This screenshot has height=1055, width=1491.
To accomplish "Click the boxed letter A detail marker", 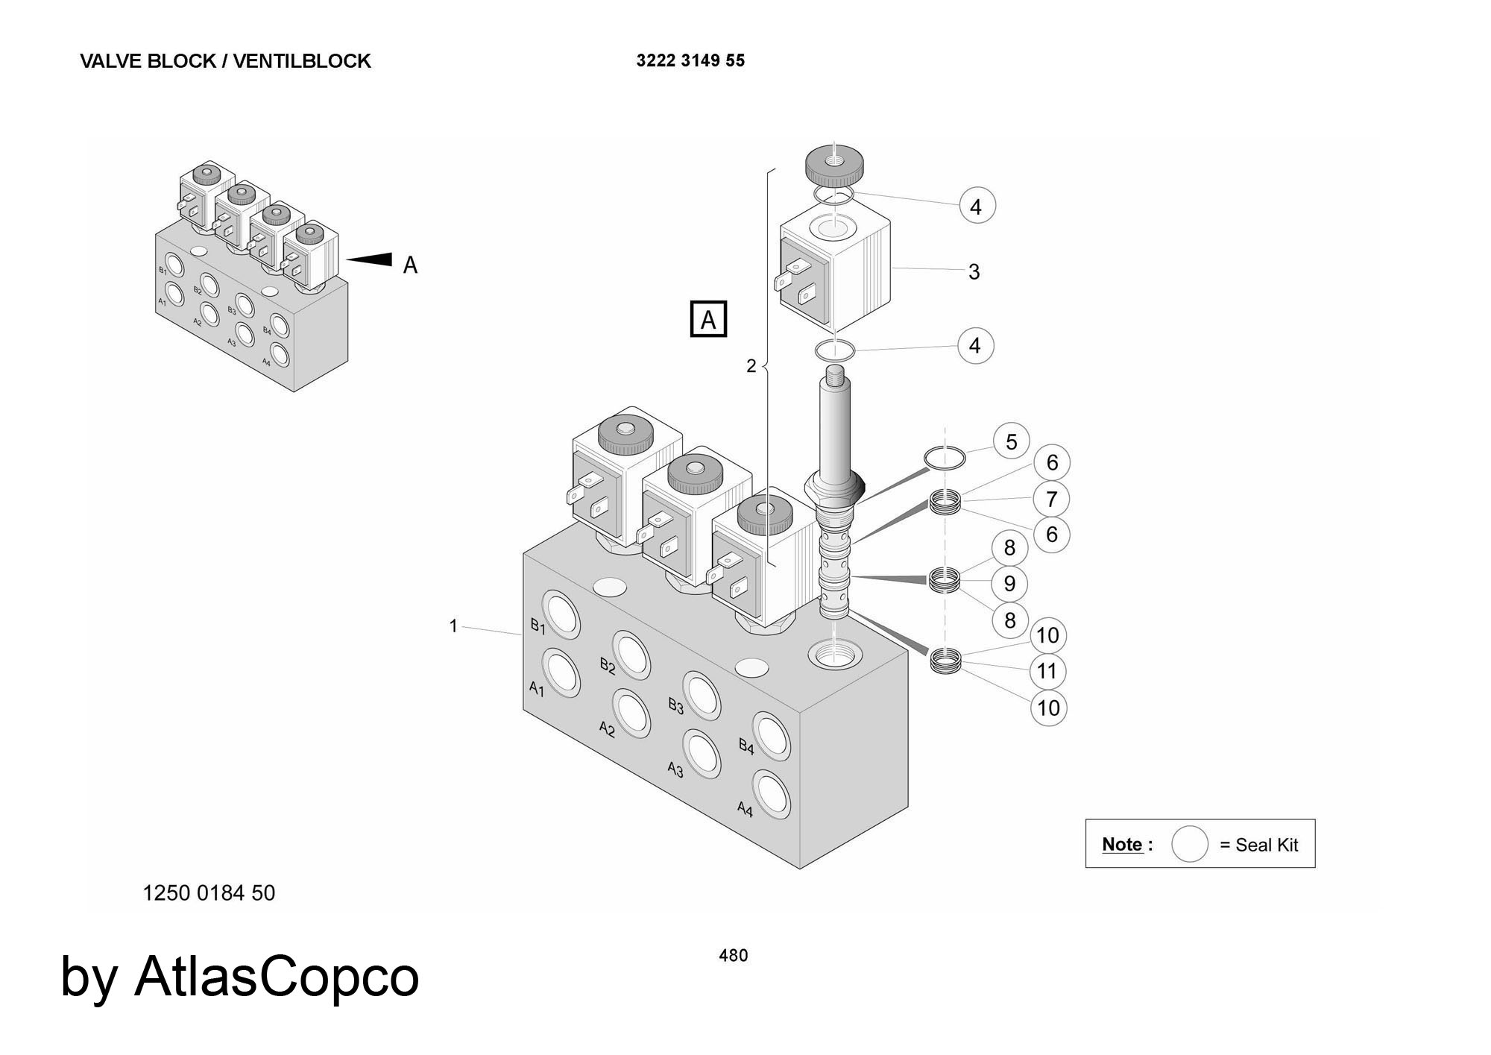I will coord(708,319).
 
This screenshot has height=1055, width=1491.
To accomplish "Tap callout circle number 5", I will coord(1011,441).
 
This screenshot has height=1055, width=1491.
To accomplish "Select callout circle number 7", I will coord(1051,499).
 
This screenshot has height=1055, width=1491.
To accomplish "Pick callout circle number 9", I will coord(1009,583).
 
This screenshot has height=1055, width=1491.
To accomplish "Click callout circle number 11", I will coord(1047,671).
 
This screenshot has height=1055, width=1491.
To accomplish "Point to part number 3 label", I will coord(974,271).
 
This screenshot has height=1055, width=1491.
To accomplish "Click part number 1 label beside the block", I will coord(453,626).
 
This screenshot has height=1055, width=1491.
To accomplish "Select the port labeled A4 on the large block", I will coord(771,793).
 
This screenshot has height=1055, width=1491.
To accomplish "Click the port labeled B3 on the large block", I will coord(702,695).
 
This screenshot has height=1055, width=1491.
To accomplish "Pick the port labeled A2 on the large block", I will coord(631,714).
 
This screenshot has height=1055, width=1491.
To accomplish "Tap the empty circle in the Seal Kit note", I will coord(1189,844).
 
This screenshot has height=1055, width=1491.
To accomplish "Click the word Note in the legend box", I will coord(1122,844).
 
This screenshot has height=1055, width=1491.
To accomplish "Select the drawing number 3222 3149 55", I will coord(690,61).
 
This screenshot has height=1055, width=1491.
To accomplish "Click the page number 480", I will coord(733,955).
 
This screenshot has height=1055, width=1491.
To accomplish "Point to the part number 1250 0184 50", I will coord(209,892).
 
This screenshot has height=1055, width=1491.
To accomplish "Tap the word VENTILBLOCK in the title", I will coord(302,61).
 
